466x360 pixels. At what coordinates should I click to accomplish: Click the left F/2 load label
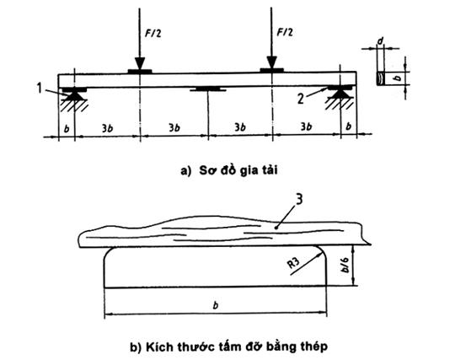[153, 33]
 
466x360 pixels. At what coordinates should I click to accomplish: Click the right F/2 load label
[285, 31]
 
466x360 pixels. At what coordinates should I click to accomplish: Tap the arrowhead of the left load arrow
[140, 63]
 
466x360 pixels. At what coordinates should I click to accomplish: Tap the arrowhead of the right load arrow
[271, 62]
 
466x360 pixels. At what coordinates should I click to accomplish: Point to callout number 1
[40, 88]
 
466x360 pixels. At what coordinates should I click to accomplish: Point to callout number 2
[301, 99]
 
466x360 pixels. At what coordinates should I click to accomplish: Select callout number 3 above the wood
[299, 199]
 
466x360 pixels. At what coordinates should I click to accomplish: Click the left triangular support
[74, 95]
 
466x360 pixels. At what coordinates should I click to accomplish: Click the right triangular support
[340, 94]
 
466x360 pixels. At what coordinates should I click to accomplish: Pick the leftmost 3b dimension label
[107, 128]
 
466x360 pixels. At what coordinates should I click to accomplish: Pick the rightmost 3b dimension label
[306, 126]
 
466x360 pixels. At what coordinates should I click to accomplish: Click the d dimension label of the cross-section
[380, 41]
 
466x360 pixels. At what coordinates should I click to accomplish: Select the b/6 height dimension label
[345, 266]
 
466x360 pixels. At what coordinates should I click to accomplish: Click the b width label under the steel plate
[216, 305]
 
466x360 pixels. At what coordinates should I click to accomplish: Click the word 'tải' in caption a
[270, 170]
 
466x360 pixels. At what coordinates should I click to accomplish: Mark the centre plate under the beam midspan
[208, 89]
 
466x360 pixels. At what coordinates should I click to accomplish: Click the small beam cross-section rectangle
[381, 78]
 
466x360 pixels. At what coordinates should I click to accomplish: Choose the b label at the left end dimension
[67, 129]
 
